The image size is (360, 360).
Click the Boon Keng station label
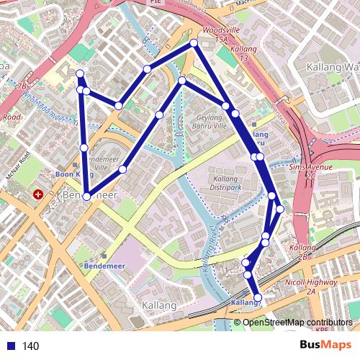click(72, 174)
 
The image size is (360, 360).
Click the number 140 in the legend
click(31, 346)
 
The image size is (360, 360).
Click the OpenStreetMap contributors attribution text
click(297, 323)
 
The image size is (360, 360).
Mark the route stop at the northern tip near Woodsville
click(194, 44)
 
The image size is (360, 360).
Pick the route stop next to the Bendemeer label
click(86, 196)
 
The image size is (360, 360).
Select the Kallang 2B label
click(299, 251)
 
